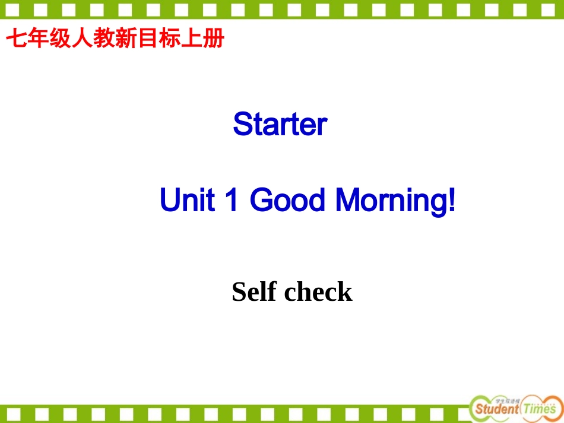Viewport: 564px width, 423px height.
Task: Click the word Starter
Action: pos(280,125)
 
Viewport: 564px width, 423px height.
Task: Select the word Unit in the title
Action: pos(186,201)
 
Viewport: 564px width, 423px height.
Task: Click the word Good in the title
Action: pos(287,201)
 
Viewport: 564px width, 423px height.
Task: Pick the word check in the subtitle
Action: pos(318,292)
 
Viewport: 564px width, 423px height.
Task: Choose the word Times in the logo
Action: pos(540,409)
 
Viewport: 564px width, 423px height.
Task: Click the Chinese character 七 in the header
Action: pos(15,39)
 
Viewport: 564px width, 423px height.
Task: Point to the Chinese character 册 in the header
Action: pos(215,39)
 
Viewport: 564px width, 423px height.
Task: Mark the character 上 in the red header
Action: pos(195,39)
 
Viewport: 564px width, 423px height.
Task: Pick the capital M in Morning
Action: pos(349,201)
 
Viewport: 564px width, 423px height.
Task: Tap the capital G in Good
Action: pos(261,201)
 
